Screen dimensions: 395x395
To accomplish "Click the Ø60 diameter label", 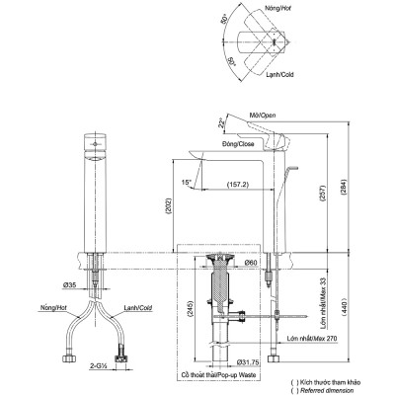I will click(250, 262).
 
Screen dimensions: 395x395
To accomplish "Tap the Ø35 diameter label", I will click(72, 285).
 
